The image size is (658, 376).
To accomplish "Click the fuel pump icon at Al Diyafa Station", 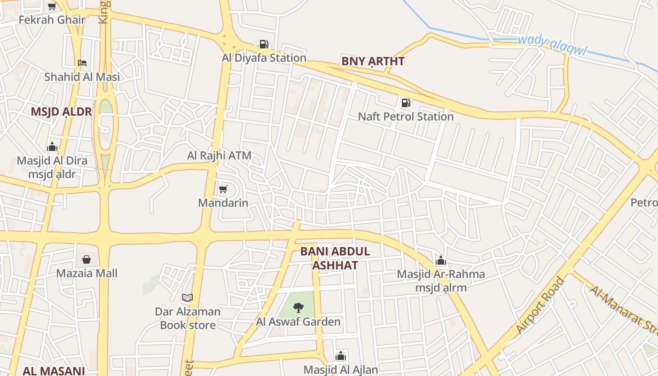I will coord(264,44).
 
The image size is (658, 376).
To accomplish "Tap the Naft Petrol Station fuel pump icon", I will coord(406,102).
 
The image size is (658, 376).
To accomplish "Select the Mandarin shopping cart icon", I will coord(223,189).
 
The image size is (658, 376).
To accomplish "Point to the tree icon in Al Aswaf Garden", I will coord(298,308).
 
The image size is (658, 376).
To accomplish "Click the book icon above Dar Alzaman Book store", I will coord(188,298).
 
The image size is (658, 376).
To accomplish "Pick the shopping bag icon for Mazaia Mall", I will coord(87,259).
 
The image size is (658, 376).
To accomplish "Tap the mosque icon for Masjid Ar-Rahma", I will coord(441,260).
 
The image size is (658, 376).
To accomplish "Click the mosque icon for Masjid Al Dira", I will coord(52,147).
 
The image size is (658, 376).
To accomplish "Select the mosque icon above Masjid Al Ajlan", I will coord(341,356).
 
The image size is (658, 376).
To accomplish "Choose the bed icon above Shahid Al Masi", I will coord(82,63).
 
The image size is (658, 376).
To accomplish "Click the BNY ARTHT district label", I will coord(373,61).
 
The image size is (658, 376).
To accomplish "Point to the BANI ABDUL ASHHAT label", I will coord(335,258).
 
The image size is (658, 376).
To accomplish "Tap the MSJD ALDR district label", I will coord(61,112).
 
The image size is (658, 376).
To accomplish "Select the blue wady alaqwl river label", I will coord(552,46).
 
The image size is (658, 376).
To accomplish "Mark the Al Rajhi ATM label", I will coord(219,155).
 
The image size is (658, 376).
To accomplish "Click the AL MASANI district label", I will coord(53,371).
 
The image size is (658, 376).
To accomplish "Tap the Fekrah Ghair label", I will coord(52,20).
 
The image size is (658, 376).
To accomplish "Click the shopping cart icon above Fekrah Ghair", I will coord(52,6).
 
